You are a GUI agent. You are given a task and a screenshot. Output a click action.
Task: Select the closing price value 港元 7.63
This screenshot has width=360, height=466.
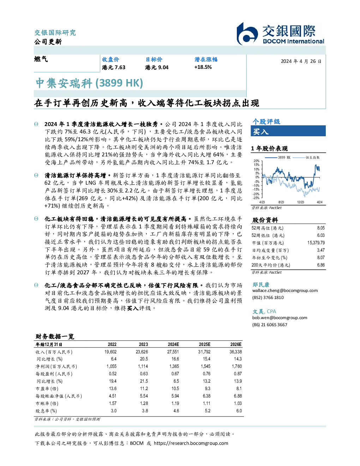tap(114, 67)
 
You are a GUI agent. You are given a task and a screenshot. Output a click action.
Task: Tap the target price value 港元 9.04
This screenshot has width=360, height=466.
tap(157, 67)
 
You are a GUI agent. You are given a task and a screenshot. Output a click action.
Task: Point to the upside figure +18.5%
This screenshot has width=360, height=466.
tap(203, 67)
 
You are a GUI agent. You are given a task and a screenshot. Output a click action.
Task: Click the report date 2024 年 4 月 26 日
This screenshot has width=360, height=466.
tap(301, 61)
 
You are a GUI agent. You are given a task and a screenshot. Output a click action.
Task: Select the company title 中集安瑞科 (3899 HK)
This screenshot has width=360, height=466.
tap(89, 83)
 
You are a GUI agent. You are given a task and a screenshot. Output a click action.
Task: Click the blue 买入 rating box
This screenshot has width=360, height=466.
tap(288, 131)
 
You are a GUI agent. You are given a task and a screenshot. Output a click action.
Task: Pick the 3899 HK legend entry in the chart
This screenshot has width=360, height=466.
tap(278, 157)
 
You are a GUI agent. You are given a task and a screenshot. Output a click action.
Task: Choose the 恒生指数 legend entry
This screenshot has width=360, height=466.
tap(306, 157)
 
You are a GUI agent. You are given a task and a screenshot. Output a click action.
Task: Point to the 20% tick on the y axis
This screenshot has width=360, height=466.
tap(257, 161)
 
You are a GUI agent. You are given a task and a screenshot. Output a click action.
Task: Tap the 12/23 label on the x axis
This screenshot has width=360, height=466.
tap(300, 202)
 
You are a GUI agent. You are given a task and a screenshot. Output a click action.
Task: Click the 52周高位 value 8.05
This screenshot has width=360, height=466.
tap(321, 228)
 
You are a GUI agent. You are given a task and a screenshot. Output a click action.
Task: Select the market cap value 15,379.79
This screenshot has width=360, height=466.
tap(316, 243)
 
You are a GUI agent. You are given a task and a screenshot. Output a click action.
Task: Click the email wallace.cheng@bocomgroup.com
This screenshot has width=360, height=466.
tap(285, 291)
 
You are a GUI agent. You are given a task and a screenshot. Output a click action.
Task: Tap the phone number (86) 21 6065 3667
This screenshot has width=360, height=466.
tap(270, 325)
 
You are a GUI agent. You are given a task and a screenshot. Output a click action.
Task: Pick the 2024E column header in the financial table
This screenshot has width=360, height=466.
tap(173, 345)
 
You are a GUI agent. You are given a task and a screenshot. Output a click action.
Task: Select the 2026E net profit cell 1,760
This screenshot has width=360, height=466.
tap(237, 366)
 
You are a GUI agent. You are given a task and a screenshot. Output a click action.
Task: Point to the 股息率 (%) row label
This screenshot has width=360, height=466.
tap(46, 411)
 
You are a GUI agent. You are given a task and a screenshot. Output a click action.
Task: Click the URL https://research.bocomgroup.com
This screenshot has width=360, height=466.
tap(191, 443)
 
